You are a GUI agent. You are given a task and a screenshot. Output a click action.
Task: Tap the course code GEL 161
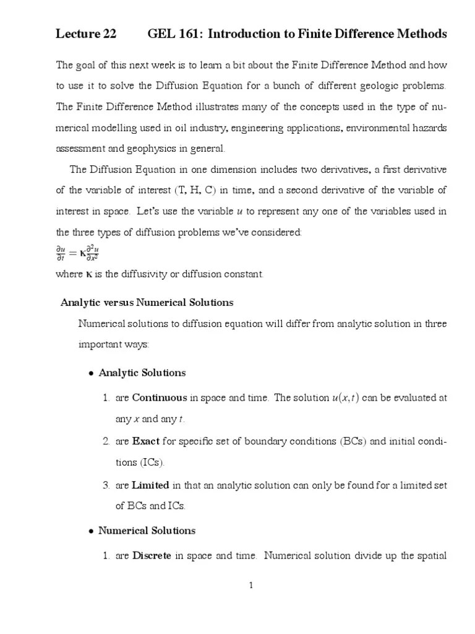[174, 34]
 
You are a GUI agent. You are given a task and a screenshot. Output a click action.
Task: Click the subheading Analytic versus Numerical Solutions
[147, 303]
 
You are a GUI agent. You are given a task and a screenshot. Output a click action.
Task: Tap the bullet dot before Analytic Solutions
[90, 374]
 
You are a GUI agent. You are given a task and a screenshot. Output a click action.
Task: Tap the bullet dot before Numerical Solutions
[90, 531]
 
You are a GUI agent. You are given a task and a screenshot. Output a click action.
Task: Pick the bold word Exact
[146, 441]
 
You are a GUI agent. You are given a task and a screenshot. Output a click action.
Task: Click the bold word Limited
[150, 485]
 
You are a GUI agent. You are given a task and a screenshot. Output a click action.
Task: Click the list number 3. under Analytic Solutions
[106, 485]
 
